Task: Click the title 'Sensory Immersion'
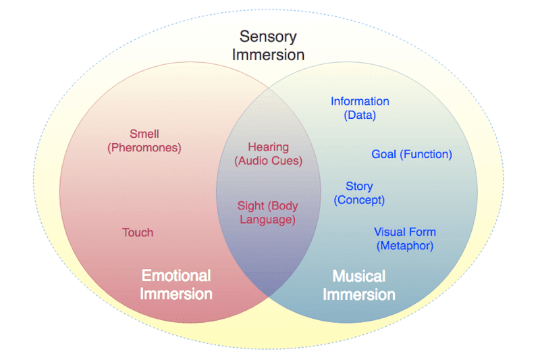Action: pos(268,45)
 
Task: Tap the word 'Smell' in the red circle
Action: pos(144,134)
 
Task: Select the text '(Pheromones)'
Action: pos(144,147)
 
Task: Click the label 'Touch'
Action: pos(138,232)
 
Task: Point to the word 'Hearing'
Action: pos(268,147)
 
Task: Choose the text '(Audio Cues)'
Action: pos(268,161)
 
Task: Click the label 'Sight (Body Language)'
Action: pos(268,213)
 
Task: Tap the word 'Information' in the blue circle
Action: pos(360,101)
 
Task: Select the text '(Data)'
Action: pos(360,115)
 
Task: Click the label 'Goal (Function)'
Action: pos(412,155)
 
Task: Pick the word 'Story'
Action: pos(359,186)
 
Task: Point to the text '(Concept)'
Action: pos(359,200)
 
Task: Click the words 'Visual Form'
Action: pos(405,232)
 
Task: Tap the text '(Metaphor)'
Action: pos(405,246)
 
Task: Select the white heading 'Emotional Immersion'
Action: pos(176,284)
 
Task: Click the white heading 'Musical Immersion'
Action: pos(359,285)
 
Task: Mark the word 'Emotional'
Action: pos(176,276)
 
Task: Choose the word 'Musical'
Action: pos(359,276)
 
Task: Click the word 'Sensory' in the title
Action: pos(268,36)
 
